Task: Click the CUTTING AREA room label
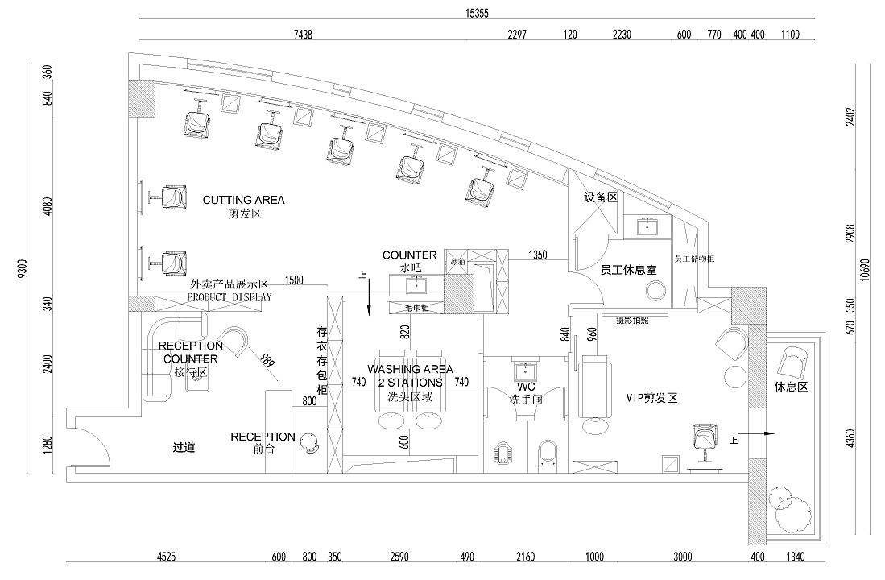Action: coord(243,200)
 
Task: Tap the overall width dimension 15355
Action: coord(477,13)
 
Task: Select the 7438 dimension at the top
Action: coord(303,34)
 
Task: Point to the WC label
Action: coord(526,387)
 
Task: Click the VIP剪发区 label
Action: coord(652,398)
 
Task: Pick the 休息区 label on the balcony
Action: coord(791,387)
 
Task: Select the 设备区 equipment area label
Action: coord(600,197)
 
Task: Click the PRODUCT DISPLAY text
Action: coord(230,296)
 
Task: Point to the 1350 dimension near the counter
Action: coord(538,255)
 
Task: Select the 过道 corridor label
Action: coord(185,447)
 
